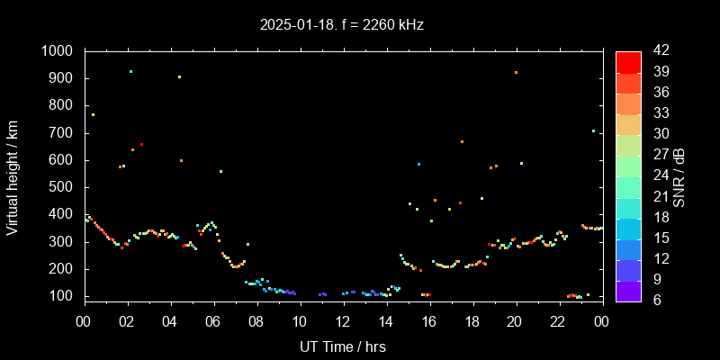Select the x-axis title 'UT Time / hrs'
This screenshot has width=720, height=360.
(343, 346)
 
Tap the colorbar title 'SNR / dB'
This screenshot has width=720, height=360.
(679, 175)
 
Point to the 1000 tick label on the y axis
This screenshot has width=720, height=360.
(58, 51)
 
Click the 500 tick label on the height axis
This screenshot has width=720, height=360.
(62, 187)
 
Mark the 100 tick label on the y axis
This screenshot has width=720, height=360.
(62, 296)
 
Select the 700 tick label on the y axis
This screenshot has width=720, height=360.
(62, 133)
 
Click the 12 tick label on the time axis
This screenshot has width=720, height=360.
(343, 321)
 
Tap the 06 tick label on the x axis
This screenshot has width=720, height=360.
(213, 321)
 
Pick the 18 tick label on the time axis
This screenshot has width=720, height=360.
(472, 321)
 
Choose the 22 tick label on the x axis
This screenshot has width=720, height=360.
(559, 321)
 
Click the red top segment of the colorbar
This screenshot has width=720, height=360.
(628, 61)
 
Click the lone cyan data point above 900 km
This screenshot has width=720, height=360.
(130, 71)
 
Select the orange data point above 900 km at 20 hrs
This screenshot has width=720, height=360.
(516, 72)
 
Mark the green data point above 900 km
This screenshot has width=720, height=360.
(179, 76)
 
